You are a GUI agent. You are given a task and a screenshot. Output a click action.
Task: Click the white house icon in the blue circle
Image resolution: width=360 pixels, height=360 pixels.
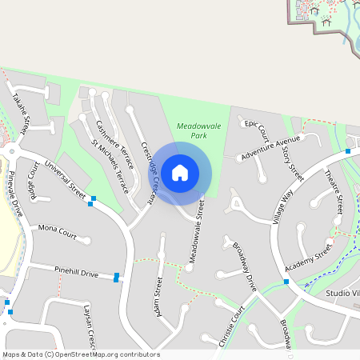[x=180, y=172]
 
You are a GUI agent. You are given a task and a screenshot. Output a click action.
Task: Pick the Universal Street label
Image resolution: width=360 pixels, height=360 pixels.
[x=65, y=181]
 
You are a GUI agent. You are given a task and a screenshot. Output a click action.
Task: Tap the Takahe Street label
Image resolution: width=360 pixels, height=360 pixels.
[x=20, y=113]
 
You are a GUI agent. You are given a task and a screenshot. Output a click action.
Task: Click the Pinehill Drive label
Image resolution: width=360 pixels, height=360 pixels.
[x=77, y=273]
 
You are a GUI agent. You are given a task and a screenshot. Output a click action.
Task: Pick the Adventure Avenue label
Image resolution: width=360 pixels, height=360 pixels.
[x=271, y=148]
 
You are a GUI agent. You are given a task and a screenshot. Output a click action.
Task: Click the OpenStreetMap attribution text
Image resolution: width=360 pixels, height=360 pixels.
[x=81, y=354]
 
